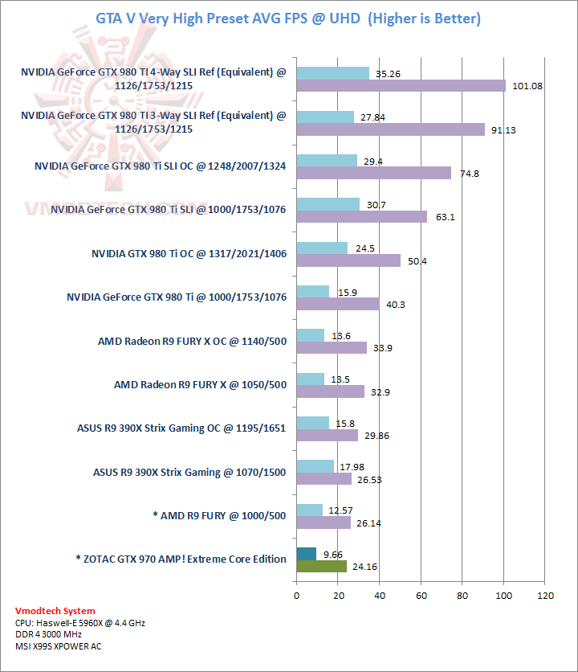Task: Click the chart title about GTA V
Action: point(288,18)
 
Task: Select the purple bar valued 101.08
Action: point(401,86)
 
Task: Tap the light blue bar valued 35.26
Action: point(332,73)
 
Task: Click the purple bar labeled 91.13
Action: point(390,129)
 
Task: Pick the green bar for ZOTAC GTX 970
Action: point(321,566)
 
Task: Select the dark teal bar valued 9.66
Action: point(306,553)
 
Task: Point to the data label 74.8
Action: point(470,174)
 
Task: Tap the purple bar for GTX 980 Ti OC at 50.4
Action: point(348,260)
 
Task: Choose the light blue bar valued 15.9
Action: point(312,291)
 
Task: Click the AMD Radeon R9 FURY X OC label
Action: point(192,341)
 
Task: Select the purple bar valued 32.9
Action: point(330,391)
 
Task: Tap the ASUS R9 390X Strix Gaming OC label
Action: point(181,428)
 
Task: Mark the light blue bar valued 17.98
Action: point(315,466)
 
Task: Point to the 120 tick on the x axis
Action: point(546,596)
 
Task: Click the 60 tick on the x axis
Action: point(421,596)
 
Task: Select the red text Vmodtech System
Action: point(55,611)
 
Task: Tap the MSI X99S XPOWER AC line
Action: point(58,645)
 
